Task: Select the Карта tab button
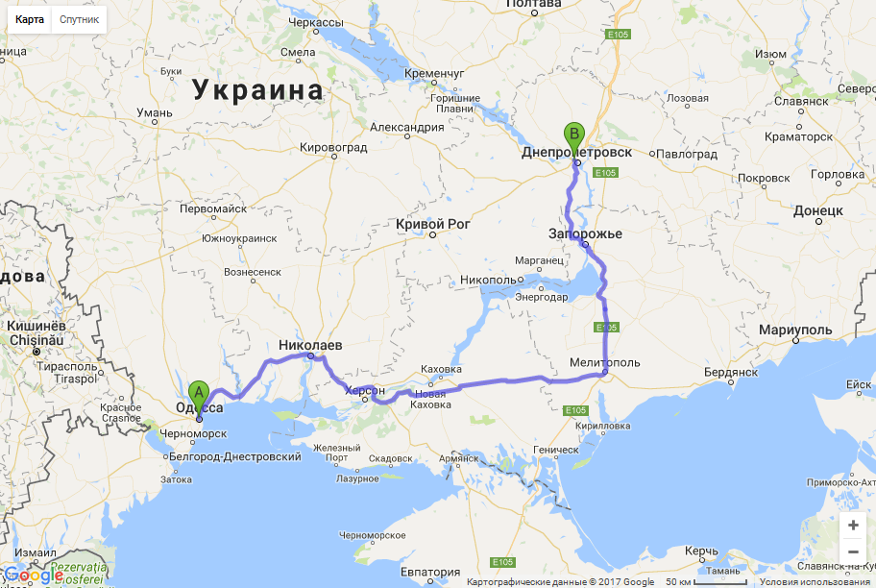coord(29,19)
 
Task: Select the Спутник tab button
coord(79,19)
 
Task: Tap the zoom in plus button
coord(853,526)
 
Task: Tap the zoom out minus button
coord(853,551)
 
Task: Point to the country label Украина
coord(257,90)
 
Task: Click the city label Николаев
coord(310,344)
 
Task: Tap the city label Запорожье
coord(586,233)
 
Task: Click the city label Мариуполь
coord(794,330)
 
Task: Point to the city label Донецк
coord(818,209)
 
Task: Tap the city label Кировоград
coord(334,147)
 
